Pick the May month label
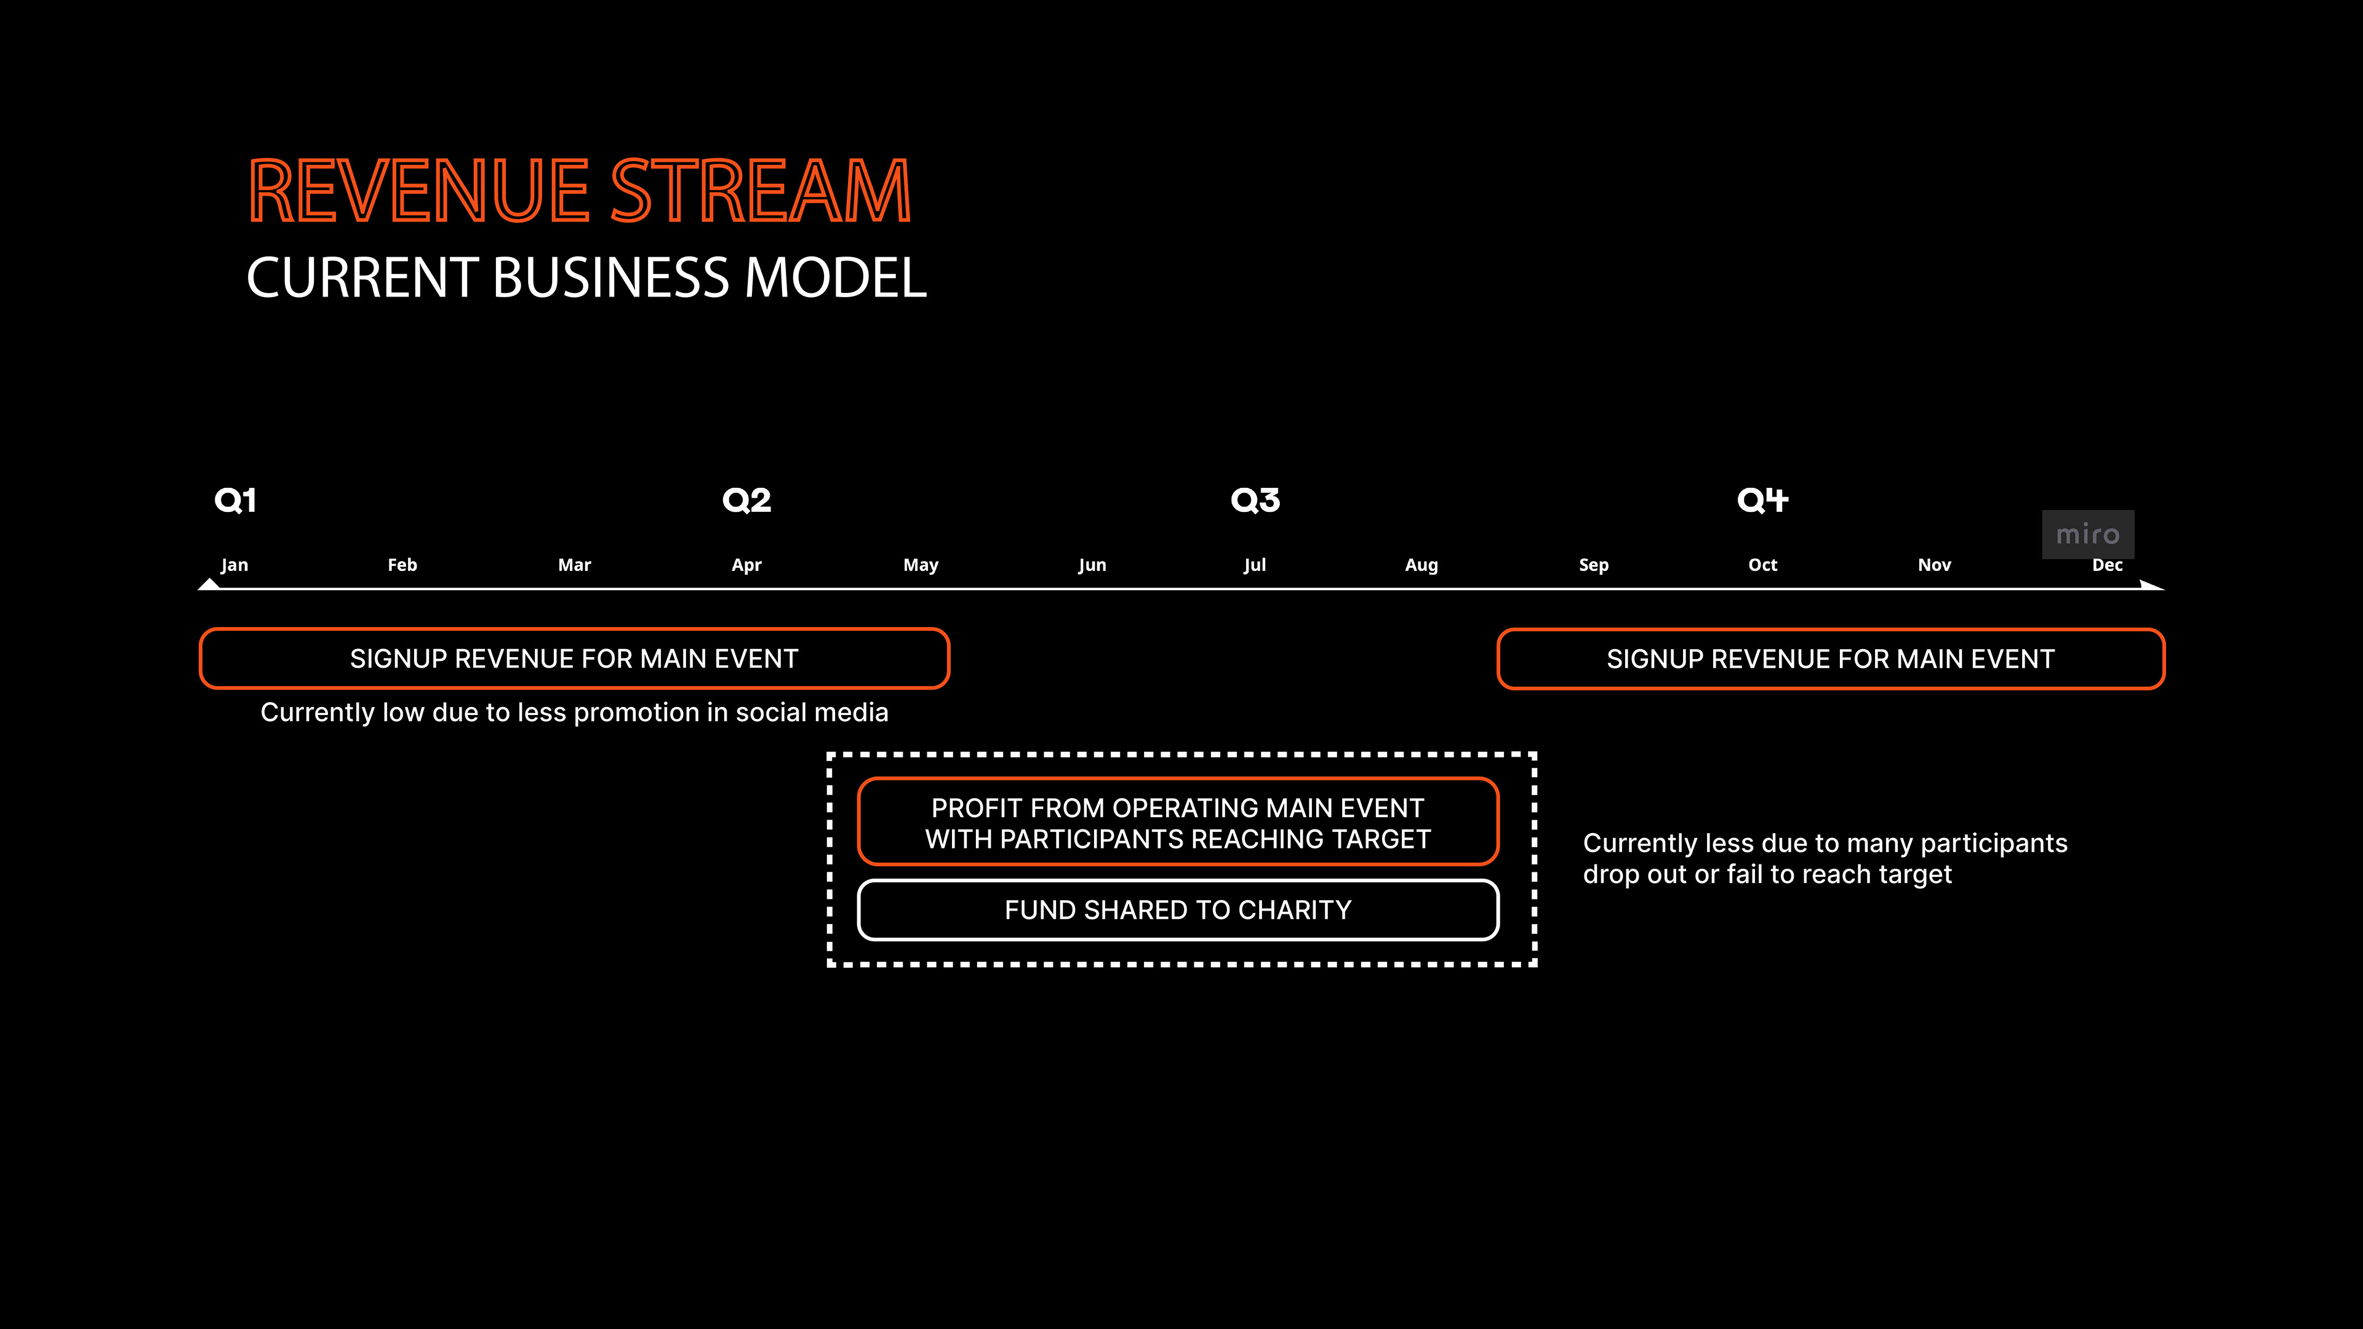coord(920,565)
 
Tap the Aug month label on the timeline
coord(1421,565)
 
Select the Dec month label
coord(2107,565)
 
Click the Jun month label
coord(1092,565)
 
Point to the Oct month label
coord(1762,565)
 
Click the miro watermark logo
coord(2087,534)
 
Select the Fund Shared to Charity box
coord(1178,910)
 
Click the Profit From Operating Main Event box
coord(1178,823)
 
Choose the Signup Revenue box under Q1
coord(574,658)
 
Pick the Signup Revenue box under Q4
coord(1830,658)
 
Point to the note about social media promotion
coord(574,712)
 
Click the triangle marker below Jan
coord(209,583)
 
